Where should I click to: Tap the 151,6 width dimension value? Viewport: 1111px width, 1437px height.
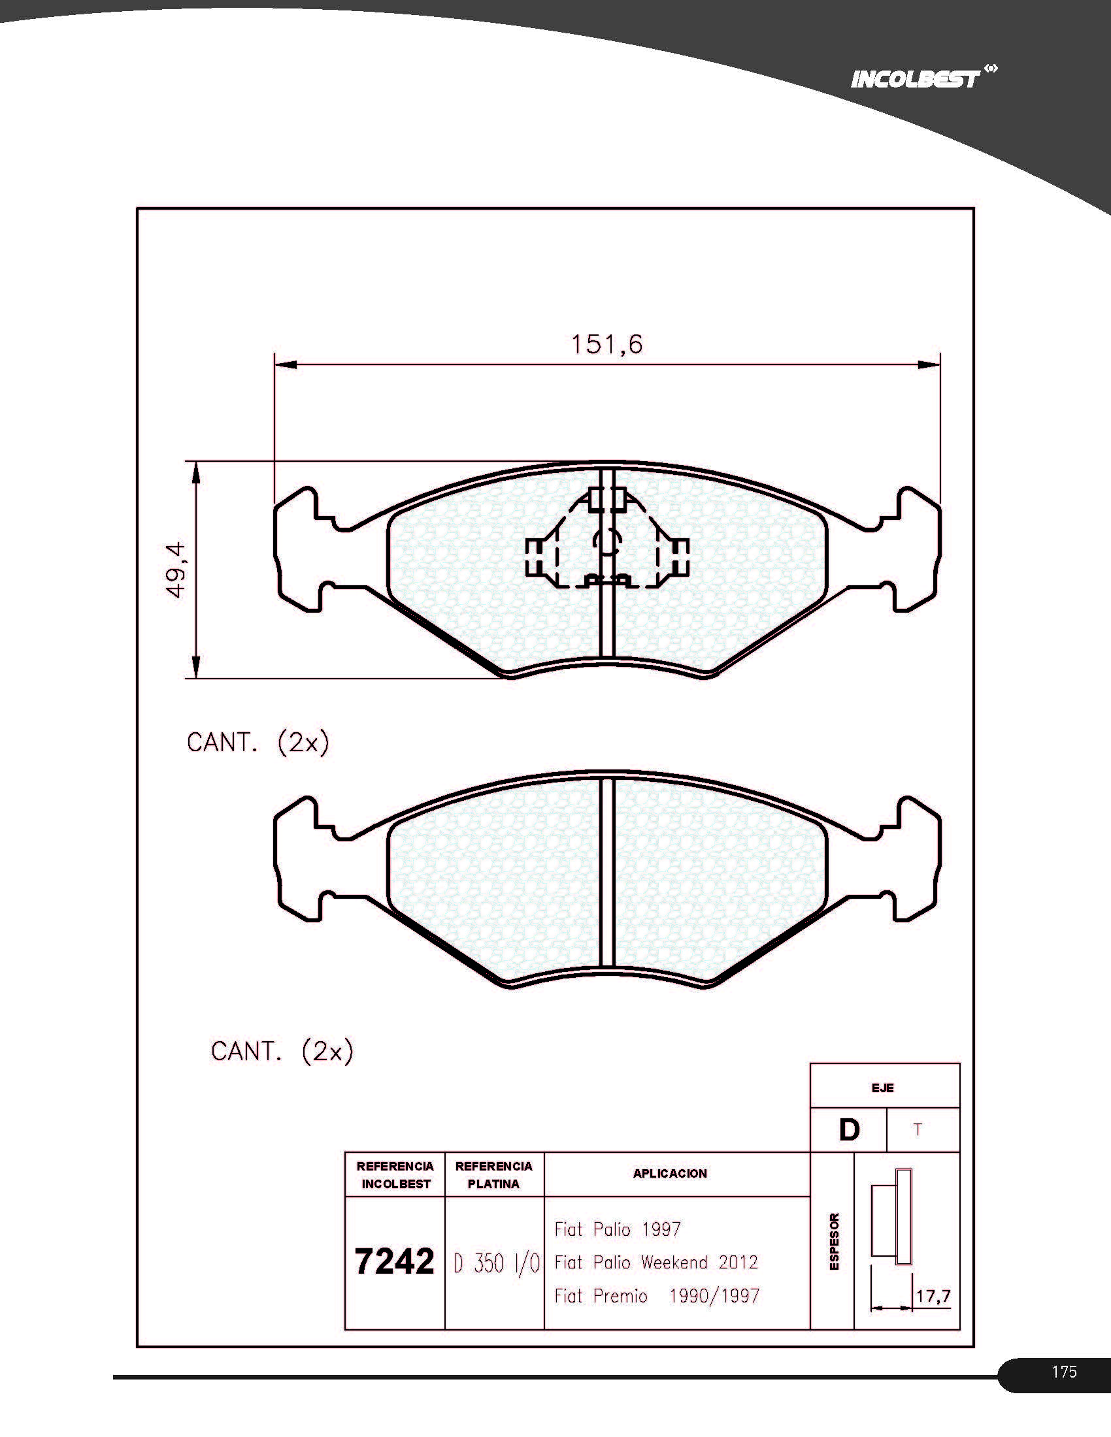point(606,344)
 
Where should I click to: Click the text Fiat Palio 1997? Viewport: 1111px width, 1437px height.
point(618,1229)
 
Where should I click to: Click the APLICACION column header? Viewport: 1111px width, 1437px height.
point(670,1173)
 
